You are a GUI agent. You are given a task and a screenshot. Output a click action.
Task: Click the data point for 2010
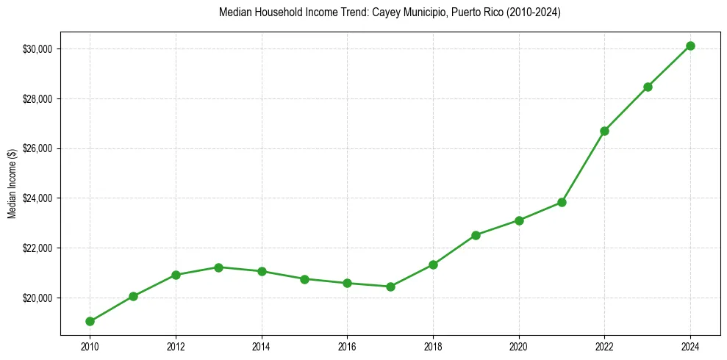coord(90,321)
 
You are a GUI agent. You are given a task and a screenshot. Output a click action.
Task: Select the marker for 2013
coord(218,267)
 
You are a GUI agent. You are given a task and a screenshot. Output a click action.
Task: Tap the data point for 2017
coord(390,287)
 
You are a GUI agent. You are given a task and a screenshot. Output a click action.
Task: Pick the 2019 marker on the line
coord(476,235)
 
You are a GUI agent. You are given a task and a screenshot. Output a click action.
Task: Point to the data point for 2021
coord(562,202)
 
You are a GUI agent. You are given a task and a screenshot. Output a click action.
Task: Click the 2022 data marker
coord(604,131)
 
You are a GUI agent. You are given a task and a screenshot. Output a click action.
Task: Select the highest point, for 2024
coord(690,46)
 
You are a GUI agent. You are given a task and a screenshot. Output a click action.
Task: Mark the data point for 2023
coord(648,87)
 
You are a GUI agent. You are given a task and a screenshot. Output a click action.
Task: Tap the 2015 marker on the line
coord(304,279)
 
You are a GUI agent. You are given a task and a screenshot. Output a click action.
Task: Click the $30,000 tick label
coord(39,49)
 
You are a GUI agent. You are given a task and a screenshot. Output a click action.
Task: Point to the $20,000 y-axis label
coord(39,298)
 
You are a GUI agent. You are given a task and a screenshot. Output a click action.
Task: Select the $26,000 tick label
coord(39,148)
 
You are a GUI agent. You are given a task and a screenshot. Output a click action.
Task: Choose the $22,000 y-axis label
coord(39,248)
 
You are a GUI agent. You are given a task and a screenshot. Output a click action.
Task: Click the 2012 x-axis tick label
coord(176,345)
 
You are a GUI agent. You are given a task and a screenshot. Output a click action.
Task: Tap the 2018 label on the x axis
coord(433,345)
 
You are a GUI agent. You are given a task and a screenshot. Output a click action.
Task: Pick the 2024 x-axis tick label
coord(690,345)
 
